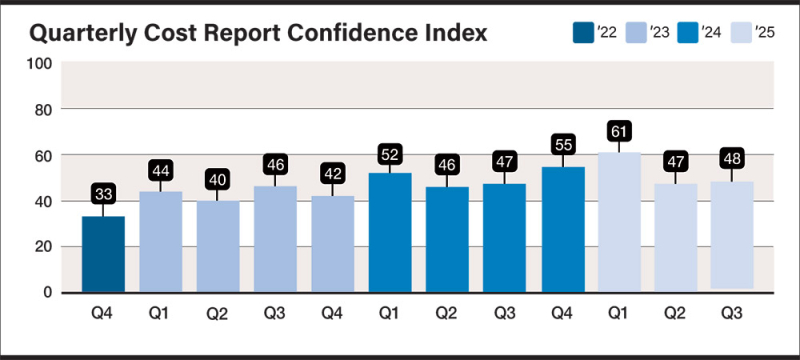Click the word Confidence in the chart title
click(352, 33)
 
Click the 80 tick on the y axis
click(43, 109)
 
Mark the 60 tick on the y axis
click(43, 156)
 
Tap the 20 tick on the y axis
click(43, 247)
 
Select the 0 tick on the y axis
click(47, 292)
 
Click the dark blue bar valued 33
click(103, 254)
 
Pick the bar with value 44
click(161, 241)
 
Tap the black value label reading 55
click(562, 144)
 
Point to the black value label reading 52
click(390, 154)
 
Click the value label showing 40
click(218, 181)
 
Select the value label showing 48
click(733, 159)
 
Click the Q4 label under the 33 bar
click(103, 312)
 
